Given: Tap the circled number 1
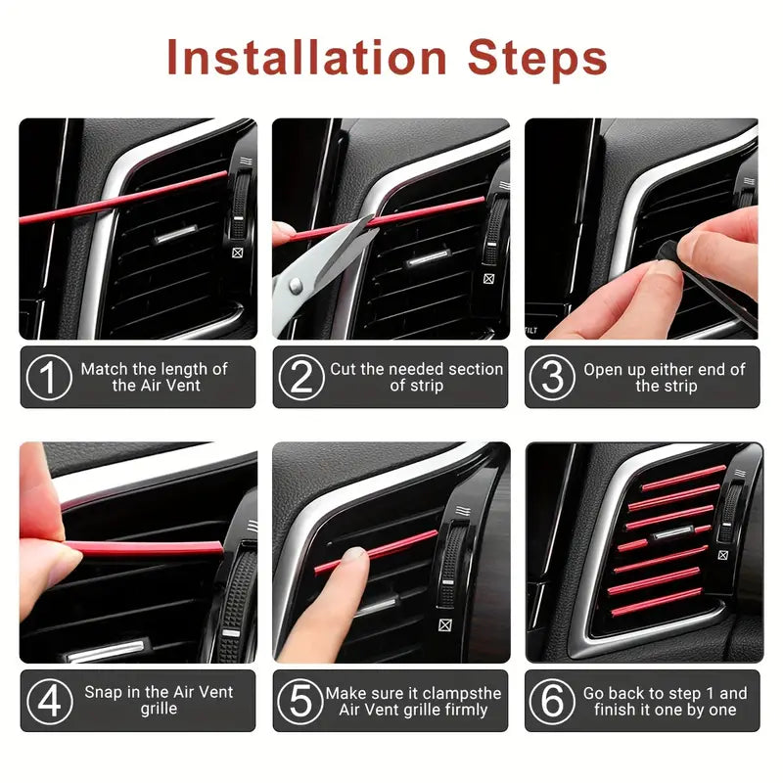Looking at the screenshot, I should tap(48, 378).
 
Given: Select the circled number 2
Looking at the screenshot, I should tap(300, 378).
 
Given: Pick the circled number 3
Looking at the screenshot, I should tap(552, 378).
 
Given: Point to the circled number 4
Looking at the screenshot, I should tap(48, 701).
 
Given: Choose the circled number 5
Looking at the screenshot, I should tap(300, 701).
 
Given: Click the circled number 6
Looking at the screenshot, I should tap(552, 701).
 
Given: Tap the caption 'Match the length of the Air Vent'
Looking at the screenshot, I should tap(154, 378).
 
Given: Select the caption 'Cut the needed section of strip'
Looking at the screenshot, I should tap(416, 378).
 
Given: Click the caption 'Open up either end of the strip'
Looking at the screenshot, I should tap(665, 378).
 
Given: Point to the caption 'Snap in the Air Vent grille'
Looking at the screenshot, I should tap(158, 700).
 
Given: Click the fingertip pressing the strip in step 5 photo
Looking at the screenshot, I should tap(352, 561).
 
